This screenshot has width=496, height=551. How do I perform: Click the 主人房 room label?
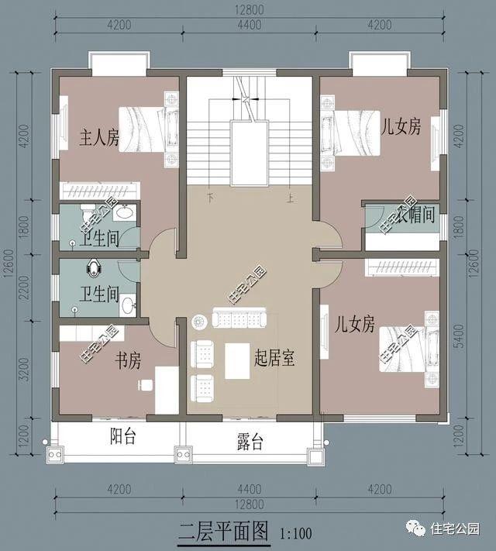[x=99, y=139]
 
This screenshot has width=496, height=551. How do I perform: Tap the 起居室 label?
[x=277, y=358]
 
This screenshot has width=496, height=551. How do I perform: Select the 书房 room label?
[x=128, y=360]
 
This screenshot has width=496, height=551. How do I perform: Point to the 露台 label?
[x=250, y=443]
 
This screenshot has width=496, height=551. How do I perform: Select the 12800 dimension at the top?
[x=247, y=10]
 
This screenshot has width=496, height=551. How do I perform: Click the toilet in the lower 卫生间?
[x=94, y=267]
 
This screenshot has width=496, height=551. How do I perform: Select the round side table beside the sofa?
[x=198, y=319]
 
